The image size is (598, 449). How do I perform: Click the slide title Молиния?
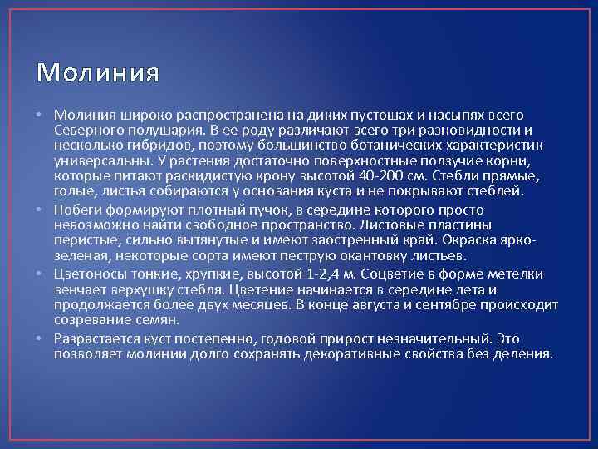96,74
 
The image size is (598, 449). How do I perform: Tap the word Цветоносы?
86,274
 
